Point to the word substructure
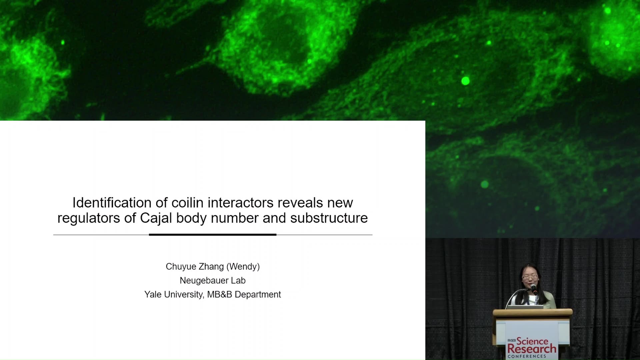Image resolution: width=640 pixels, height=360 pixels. (x=329, y=218)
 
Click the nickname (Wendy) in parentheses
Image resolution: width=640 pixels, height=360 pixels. (x=243, y=267)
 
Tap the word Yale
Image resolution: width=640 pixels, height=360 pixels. (x=152, y=295)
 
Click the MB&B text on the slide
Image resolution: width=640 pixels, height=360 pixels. (x=220, y=295)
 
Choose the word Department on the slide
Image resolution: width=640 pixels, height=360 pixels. (x=258, y=295)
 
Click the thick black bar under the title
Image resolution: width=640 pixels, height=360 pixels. (x=213, y=235)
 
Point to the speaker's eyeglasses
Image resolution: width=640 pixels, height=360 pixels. (x=529, y=277)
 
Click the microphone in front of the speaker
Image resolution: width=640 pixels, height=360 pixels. (x=533, y=288)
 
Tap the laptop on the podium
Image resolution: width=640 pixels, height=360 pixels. (x=525, y=307)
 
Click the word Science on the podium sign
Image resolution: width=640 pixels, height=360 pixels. (x=532, y=341)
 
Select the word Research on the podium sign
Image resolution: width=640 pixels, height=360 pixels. (x=532, y=349)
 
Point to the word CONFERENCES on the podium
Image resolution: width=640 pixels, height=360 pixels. (x=527, y=356)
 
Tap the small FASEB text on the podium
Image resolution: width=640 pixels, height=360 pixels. (x=512, y=340)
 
